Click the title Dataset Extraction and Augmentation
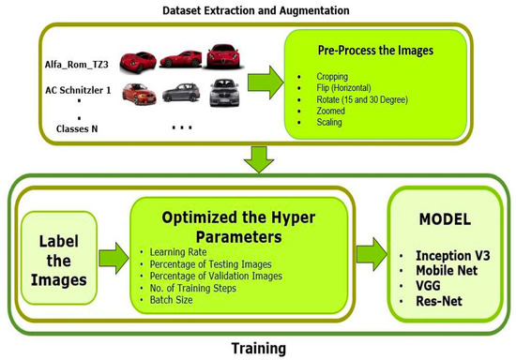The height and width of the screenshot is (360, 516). point(257,10)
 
